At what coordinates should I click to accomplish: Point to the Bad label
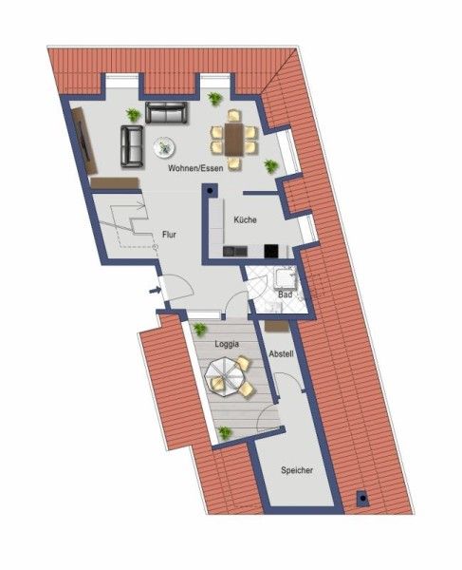[x=283, y=295]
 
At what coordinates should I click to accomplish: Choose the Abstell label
[x=281, y=353]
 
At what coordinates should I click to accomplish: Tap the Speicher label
[x=296, y=469]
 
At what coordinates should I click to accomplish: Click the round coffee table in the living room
[x=164, y=147]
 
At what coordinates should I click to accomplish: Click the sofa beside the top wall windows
[x=166, y=113]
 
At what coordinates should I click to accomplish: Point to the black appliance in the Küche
[x=271, y=252]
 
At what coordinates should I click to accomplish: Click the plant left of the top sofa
[x=134, y=115]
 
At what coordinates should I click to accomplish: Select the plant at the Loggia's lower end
[x=225, y=433]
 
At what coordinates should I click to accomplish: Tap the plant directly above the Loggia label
[x=200, y=329]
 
